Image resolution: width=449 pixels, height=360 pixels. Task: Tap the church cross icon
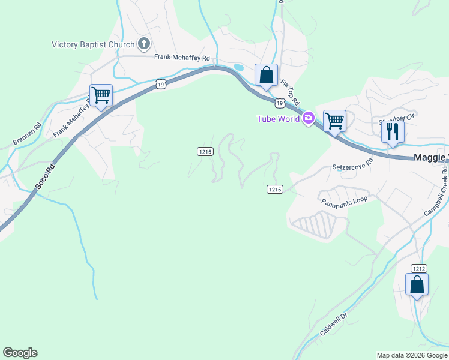(x=144, y=43)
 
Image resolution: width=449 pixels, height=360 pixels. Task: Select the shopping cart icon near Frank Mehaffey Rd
(x=101, y=95)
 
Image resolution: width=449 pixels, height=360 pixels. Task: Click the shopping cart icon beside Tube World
(x=334, y=120)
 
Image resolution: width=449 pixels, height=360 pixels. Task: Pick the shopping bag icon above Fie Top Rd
(x=266, y=75)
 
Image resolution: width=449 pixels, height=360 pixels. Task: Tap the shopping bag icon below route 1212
(x=417, y=284)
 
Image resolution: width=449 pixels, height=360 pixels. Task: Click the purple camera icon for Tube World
(x=308, y=118)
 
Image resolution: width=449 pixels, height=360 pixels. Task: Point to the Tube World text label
(x=278, y=118)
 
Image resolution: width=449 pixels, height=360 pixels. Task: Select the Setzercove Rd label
(x=352, y=164)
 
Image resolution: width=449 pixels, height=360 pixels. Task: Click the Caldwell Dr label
(x=334, y=323)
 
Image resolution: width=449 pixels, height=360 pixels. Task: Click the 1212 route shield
(x=419, y=268)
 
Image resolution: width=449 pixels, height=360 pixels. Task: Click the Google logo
(x=20, y=353)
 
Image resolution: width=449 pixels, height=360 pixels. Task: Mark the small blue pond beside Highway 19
(x=238, y=68)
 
